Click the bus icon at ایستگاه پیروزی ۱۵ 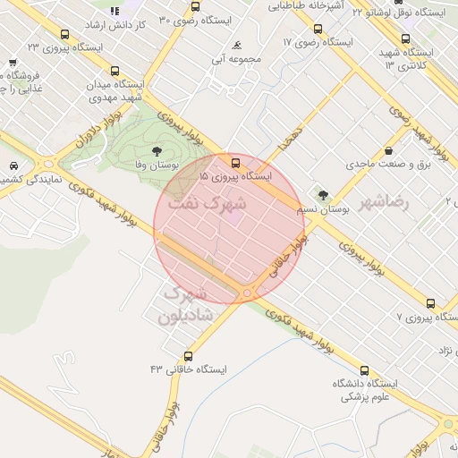pos(235,163)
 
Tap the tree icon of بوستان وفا pos(157,151)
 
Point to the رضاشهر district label pos(384,202)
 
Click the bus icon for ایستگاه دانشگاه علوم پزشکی pos(364,370)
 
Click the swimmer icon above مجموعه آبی pos(236,46)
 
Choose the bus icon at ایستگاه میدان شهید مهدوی pos(114,71)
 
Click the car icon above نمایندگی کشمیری pos(14,165)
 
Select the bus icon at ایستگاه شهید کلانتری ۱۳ pos(406,39)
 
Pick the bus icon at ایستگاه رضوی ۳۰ pos(196,7)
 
